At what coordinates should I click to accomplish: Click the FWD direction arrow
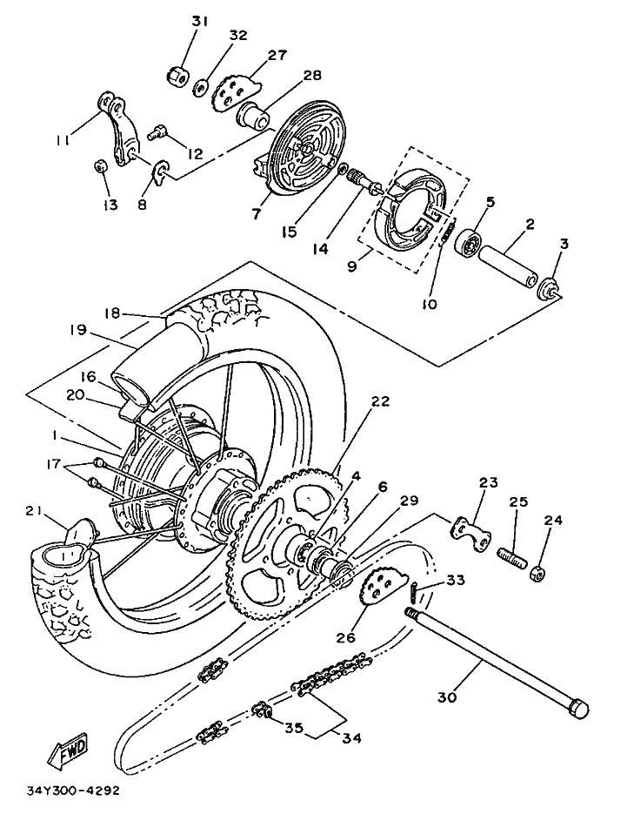click(x=69, y=750)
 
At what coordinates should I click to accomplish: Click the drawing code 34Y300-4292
click(x=74, y=791)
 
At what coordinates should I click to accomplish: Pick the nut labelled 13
click(x=99, y=166)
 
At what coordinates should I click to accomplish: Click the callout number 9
click(x=352, y=266)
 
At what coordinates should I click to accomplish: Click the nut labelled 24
click(x=538, y=572)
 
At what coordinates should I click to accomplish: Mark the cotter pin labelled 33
click(x=414, y=592)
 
